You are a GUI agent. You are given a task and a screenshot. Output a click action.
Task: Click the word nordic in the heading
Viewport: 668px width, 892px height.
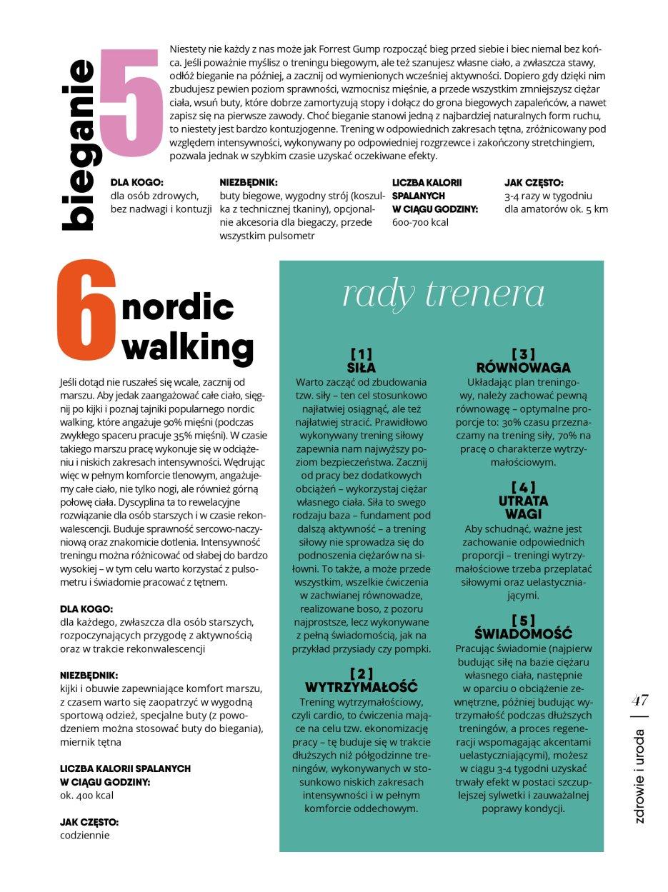(178, 308)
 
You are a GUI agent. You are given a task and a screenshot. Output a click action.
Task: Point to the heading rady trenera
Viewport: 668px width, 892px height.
(443, 294)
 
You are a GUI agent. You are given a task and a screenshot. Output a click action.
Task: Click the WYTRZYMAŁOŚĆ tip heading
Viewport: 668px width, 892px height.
(361, 687)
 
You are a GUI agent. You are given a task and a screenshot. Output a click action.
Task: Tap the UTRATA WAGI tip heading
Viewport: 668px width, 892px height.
(523, 507)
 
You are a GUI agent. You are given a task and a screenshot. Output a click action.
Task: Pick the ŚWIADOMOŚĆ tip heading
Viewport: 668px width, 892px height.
(523, 633)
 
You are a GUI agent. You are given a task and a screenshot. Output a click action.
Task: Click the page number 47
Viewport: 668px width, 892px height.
(639, 700)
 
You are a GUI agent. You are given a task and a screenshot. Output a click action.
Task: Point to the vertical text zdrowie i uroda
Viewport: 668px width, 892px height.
(639, 776)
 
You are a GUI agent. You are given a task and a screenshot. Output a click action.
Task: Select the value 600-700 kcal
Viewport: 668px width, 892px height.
(420, 223)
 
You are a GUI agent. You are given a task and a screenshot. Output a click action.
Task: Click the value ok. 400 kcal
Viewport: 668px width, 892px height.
(86, 796)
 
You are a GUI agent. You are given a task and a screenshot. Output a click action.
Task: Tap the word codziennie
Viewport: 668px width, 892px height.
(85, 835)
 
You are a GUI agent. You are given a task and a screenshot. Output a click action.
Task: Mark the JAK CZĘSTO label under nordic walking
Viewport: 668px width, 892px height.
(89, 822)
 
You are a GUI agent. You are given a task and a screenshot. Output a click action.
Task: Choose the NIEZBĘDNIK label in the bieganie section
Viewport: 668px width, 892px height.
(249, 183)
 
